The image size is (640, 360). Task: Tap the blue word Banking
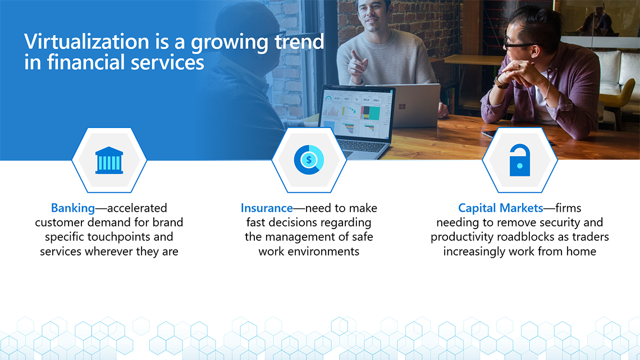[72, 208]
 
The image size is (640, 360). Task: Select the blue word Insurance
[267, 208]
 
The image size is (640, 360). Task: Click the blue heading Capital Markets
[500, 208]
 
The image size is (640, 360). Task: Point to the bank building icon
[109, 161]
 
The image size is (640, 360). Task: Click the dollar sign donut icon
[309, 160]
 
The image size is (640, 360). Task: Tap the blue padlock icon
[520, 160]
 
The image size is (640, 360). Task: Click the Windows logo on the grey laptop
[402, 107]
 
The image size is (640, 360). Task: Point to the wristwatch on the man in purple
[500, 83]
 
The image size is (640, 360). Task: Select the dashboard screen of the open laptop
[356, 113]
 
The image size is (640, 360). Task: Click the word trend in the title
[299, 42]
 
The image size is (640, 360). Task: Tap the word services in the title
[167, 62]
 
